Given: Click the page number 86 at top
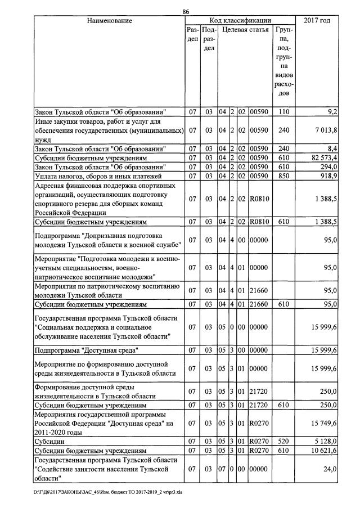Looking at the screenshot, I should point(186,11).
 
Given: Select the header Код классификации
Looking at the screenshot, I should point(240,21).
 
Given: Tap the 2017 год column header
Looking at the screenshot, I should point(317,21).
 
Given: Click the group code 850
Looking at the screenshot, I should point(283,177).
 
